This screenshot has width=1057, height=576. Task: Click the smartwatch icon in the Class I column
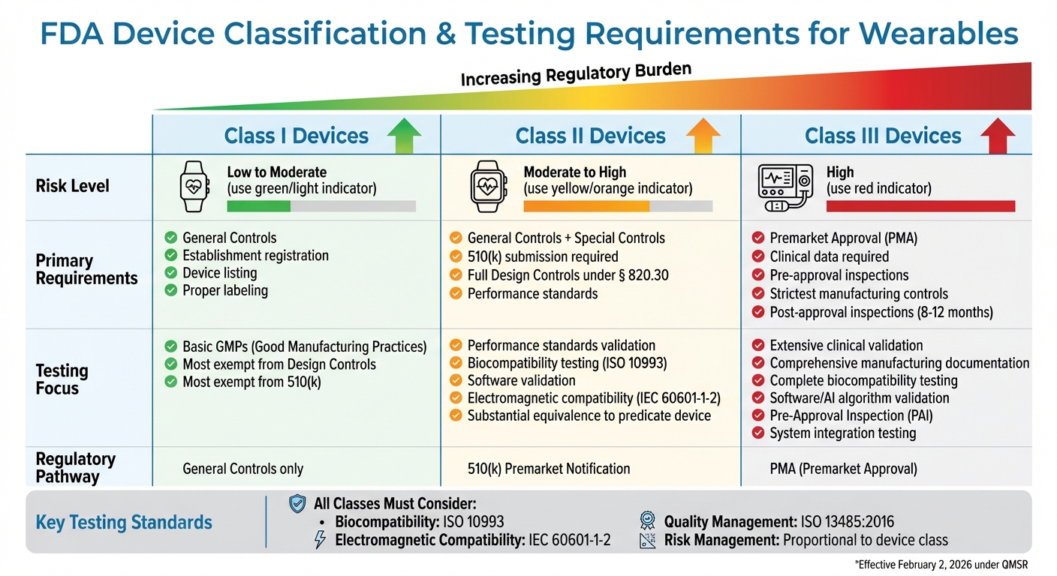[x=194, y=187]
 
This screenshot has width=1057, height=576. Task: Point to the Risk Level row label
[x=72, y=185]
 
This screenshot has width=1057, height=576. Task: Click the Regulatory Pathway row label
[x=75, y=467]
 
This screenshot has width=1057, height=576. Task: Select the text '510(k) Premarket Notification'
[x=548, y=469]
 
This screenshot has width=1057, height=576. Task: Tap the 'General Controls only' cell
[x=242, y=469]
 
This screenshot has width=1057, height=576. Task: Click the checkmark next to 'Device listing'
[x=170, y=273]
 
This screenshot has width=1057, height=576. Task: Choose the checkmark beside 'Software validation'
[x=455, y=381]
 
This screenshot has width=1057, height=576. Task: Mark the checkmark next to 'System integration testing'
[x=758, y=433]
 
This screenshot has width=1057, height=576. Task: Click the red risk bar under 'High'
[x=920, y=206]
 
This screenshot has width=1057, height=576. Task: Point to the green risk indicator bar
[x=258, y=206]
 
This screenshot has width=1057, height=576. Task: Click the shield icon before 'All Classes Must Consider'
[x=297, y=504]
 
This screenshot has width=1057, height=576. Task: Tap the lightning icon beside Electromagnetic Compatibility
[x=320, y=540]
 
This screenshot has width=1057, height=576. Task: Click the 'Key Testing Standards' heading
[x=124, y=522]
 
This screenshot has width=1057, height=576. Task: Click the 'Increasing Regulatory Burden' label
[x=575, y=74]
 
